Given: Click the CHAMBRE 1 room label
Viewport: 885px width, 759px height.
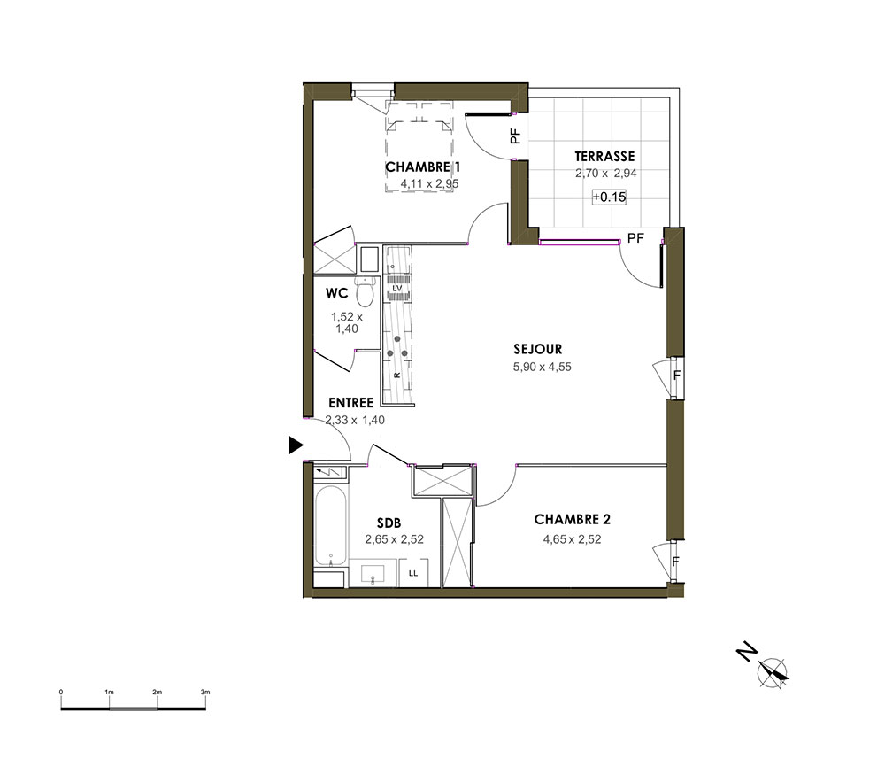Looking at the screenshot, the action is click(423, 167).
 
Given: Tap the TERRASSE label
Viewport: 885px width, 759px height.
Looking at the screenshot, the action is click(604, 157).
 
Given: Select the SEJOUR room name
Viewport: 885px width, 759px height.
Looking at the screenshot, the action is click(537, 349).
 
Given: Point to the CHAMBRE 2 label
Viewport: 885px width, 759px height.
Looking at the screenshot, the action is click(573, 519).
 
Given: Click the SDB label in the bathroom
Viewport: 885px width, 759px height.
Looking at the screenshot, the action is click(389, 523).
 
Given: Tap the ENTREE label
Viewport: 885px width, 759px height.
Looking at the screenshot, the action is click(351, 403).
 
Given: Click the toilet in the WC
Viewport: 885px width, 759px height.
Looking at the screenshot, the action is click(366, 292).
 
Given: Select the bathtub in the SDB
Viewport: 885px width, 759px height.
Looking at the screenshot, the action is click(330, 526).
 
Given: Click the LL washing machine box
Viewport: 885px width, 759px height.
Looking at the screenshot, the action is click(413, 573).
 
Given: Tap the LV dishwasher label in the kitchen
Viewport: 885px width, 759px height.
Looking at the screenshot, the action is click(397, 288).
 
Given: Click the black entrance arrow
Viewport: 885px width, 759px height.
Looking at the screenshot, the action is click(296, 445).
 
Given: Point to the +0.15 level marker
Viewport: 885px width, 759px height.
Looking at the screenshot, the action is click(609, 197).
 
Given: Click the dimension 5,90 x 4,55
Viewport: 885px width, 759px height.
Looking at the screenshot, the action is click(542, 367).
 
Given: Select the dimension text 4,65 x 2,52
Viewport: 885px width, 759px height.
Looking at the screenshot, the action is click(572, 539).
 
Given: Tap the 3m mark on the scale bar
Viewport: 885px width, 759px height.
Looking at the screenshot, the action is click(205, 692).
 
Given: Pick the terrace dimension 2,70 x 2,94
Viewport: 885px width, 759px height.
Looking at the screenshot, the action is click(606, 174).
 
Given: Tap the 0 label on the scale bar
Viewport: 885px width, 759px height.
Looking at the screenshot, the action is click(61, 692).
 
